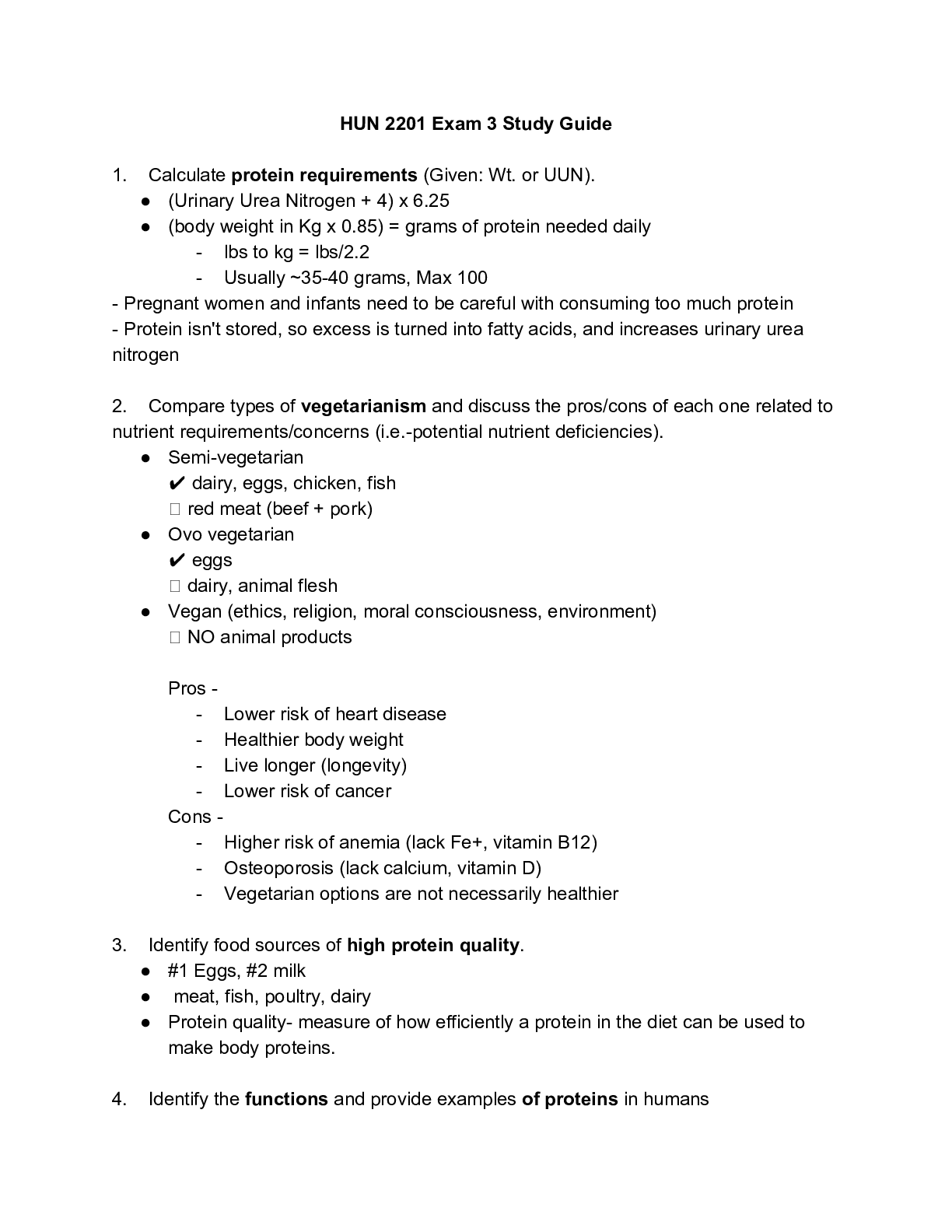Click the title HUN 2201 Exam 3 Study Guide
(x=475, y=124)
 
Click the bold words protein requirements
(x=324, y=175)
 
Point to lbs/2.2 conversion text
(x=341, y=252)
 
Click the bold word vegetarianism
(x=363, y=406)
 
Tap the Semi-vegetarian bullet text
(x=236, y=457)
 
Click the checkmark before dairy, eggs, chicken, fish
(x=176, y=484)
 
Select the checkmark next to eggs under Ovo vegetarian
(x=176, y=561)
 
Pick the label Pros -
(x=193, y=688)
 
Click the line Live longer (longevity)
(x=315, y=765)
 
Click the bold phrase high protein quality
(x=433, y=945)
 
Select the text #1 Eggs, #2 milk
(x=236, y=971)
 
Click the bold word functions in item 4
(x=286, y=1099)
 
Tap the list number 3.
(x=119, y=945)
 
